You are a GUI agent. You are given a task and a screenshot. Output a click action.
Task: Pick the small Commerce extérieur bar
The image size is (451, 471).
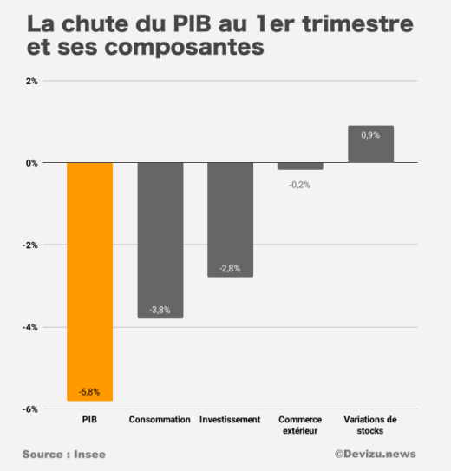click(x=300, y=166)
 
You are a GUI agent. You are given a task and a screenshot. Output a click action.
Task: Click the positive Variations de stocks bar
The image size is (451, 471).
click(x=370, y=144)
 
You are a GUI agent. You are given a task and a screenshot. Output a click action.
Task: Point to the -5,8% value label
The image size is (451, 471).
click(x=90, y=391)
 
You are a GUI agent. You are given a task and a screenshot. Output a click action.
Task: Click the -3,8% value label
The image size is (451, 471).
click(x=160, y=309)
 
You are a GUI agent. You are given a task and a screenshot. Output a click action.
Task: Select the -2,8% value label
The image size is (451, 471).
click(x=230, y=268)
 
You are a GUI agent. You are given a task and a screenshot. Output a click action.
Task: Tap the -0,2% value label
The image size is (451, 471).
click(x=300, y=184)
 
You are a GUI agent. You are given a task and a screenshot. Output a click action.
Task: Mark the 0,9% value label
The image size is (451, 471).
click(x=370, y=135)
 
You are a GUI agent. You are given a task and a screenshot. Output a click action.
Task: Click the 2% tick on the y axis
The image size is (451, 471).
click(x=31, y=81)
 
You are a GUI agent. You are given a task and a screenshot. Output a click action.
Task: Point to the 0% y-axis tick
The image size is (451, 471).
click(x=31, y=163)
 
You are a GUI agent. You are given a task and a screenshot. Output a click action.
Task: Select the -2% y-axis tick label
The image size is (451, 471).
click(x=30, y=245)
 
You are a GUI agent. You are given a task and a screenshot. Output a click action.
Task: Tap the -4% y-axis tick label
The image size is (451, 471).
click(x=30, y=327)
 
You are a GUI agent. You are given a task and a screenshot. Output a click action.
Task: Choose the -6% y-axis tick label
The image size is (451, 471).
click(x=30, y=409)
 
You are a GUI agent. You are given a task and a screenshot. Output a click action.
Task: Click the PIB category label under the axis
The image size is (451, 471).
click(x=90, y=420)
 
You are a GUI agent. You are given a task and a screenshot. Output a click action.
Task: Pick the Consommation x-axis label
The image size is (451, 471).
click(x=160, y=420)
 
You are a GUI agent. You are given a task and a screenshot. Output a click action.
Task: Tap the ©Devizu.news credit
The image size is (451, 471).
click(x=376, y=454)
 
